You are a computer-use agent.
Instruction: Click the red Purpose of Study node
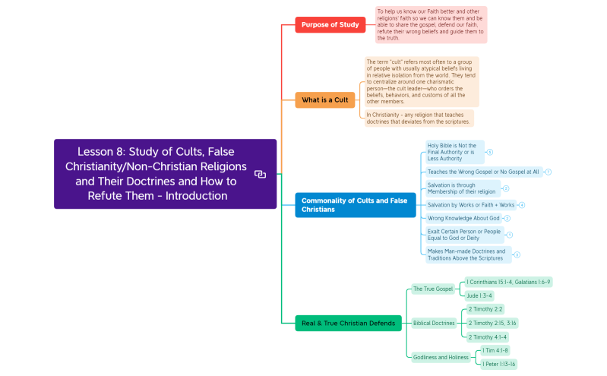pyautogui.click(x=330, y=24)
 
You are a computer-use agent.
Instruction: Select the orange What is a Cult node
pyautogui.click(x=324, y=100)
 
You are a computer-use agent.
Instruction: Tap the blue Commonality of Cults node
pyautogui.click(x=355, y=205)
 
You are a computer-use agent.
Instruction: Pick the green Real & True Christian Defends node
pyautogui.click(x=348, y=323)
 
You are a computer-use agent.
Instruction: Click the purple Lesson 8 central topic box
pyautogui.click(x=165, y=173)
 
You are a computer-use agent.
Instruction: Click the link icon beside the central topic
pyautogui.click(x=260, y=174)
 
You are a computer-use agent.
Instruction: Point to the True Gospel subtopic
pyautogui.click(x=432, y=289)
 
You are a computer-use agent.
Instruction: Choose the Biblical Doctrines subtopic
pyautogui.click(x=434, y=323)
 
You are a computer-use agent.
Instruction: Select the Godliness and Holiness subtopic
pyautogui.click(x=441, y=357)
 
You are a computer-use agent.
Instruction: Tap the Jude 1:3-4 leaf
pyautogui.click(x=479, y=295)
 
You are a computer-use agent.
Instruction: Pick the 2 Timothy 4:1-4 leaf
pyautogui.click(x=487, y=337)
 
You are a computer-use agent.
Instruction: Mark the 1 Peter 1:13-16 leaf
pyautogui.click(x=498, y=364)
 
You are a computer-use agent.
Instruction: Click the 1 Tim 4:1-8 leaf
pyautogui.click(x=495, y=350)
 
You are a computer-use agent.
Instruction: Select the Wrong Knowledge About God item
pyautogui.click(x=463, y=218)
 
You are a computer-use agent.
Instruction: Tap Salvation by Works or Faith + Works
pyautogui.click(x=470, y=205)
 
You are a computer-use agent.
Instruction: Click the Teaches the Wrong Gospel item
pyautogui.click(x=482, y=172)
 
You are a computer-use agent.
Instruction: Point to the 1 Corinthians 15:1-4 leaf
pyautogui.click(x=508, y=282)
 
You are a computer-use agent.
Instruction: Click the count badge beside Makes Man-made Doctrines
pyautogui.click(x=517, y=255)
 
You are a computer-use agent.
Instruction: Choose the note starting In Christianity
pyautogui.click(x=419, y=118)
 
